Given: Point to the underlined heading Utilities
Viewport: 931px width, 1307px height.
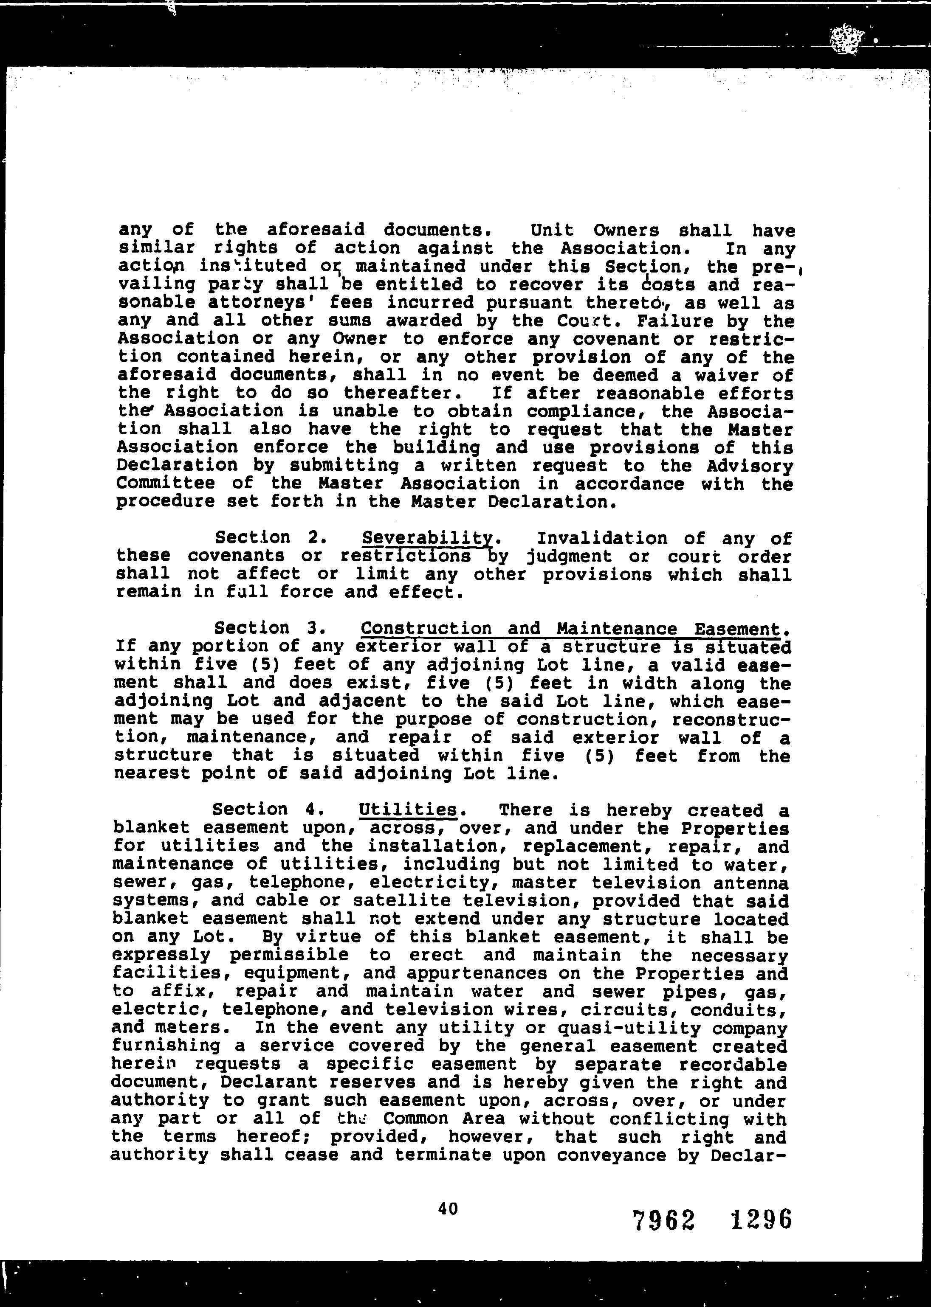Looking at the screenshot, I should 408,809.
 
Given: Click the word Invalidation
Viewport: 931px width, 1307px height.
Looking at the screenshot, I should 602,538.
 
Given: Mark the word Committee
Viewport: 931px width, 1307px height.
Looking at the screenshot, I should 166,483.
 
